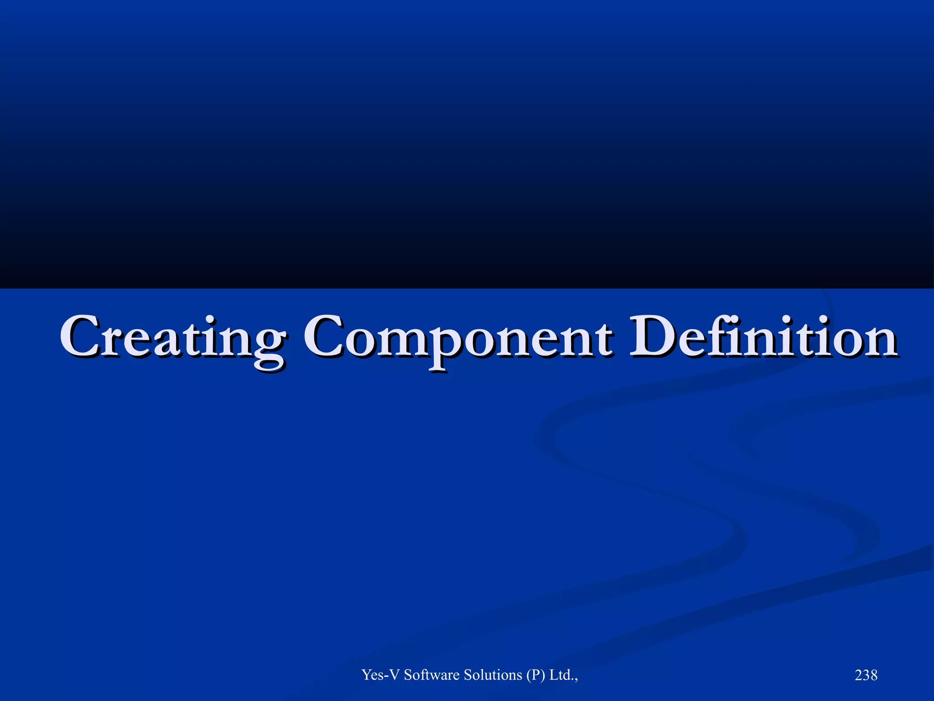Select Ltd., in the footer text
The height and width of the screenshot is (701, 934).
click(564, 675)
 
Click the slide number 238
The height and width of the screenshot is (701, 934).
click(866, 675)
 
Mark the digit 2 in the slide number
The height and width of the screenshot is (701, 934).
click(859, 675)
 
